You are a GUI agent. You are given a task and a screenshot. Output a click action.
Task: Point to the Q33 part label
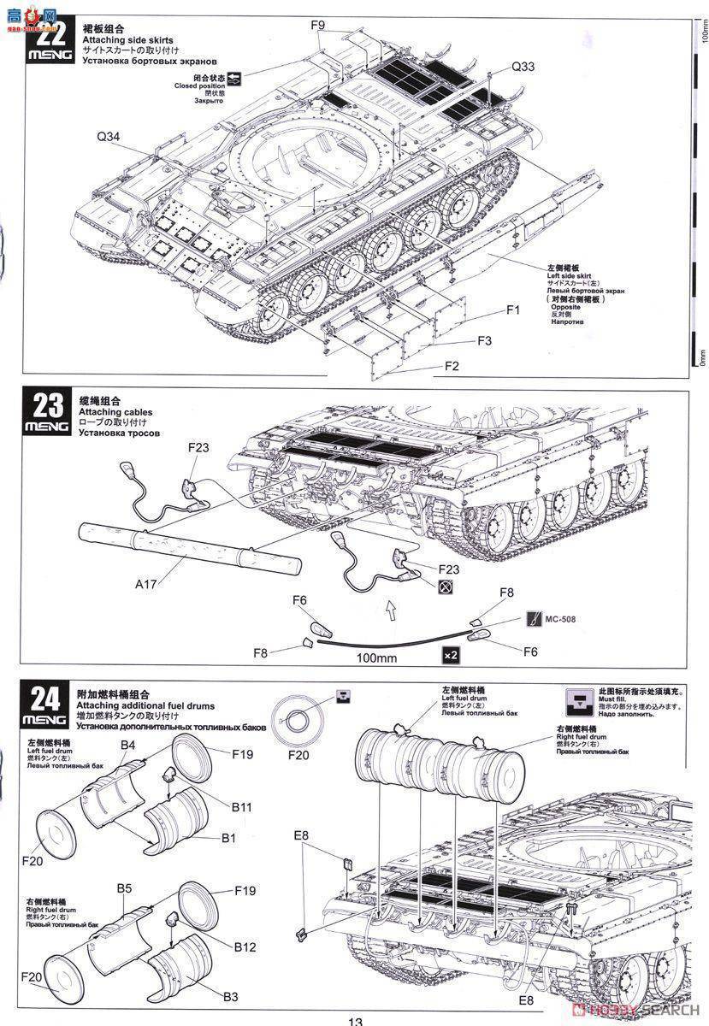click(523, 67)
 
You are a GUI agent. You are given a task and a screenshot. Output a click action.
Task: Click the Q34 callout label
click(109, 134)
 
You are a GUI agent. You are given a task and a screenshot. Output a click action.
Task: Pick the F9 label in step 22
click(317, 26)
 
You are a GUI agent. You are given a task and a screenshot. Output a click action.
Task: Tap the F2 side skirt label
click(452, 366)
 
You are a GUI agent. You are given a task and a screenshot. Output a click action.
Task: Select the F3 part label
click(484, 340)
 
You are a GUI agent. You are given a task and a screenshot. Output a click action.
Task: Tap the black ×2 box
click(451, 655)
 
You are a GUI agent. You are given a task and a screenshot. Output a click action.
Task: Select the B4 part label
click(127, 746)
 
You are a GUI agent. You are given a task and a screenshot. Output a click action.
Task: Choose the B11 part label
click(242, 806)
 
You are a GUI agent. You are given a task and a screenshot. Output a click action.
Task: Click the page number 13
click(355, 1019)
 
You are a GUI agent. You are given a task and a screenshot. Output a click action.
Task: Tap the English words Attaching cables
click(112, 413)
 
